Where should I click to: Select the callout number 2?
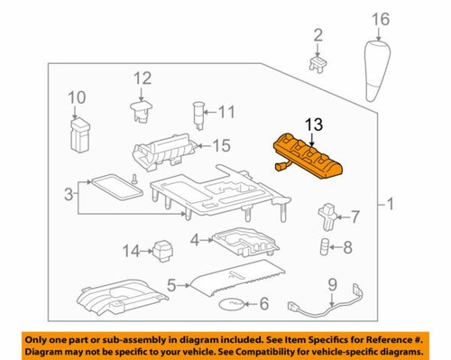click(x=318, y=35)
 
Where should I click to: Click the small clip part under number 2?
click(x=317, y=62)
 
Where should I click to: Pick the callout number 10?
click(x=76, y=96)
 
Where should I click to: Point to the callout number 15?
click(x=221, y=144)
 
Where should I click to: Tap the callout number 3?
click(x=69, y=194)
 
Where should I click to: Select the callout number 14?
click(x=133, y=250)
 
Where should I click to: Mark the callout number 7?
click(x=354, y=217)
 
